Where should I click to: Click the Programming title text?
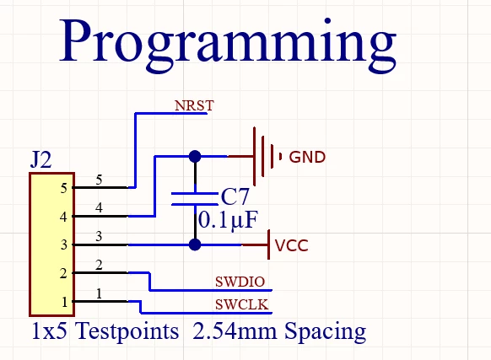click(x=228, y=44)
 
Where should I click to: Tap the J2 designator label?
click(x=41, y=159)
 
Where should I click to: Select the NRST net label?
click(x=194, y=106)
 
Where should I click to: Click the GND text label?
click(x=307, y=157)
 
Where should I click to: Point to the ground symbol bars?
click(x=266, y=156)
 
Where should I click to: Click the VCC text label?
click(x=292, y=245)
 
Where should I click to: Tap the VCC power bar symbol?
click(x=268, y=244)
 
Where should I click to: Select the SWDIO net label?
click(x=240, y=282)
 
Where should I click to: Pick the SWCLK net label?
click(x=242, y=304)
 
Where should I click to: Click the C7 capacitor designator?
click(x=235, y=196)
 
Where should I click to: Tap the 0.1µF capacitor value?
click(x=228, y=220)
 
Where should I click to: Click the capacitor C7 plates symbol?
click(x=195, y=199)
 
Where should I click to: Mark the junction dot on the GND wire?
click(x=195, y=156)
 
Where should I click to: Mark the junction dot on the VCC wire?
click(x=195, y=244)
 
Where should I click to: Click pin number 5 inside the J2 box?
click(x=64, y=189)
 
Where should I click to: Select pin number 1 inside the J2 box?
click(x=64, y=302)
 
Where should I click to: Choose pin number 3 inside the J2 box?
click(x=64, y=244)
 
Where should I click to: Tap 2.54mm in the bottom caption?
click(x=235, y=331)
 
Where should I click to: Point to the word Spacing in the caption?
click(x=325, y=332)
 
